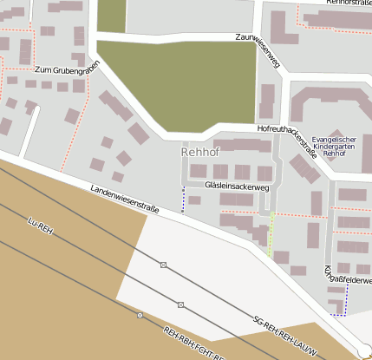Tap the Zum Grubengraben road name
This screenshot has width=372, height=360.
pyautogui.click(x=62, y=69)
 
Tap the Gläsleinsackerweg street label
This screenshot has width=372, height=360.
pyautogui.click(x=238, y=186)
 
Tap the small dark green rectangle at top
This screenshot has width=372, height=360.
pyautogui.click(x=111, y=16)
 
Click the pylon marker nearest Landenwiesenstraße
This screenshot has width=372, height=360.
pyautogui.click(x=163, y=264)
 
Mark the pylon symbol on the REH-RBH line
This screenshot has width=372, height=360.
pyautogui.click(x=140, y=315)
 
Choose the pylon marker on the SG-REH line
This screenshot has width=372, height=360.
pyautogui.click(x=180, y=304)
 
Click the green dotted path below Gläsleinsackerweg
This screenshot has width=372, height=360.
pyautogui.click(x=271, y=234)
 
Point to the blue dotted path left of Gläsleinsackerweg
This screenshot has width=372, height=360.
pyautogui.click(x=183, y=200)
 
